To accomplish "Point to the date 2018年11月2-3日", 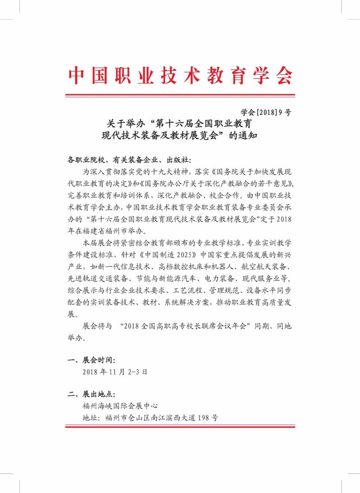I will click(115, 372).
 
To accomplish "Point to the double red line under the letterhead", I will click(180, 95).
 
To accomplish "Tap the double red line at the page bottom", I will click(180, 426).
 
